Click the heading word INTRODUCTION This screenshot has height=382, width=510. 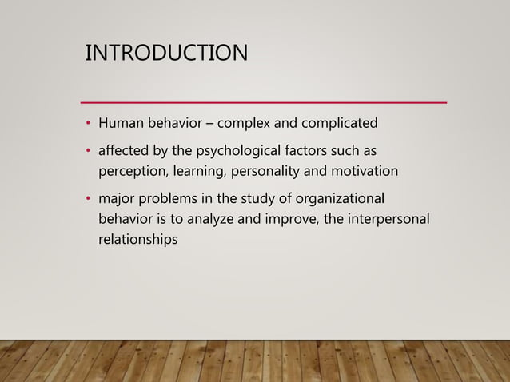(166, 54)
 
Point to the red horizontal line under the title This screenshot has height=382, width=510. (265, 103)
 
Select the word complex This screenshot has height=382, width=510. (255, 125)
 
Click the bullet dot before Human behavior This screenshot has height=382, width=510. (89, 125)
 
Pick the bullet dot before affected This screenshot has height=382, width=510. (89, 152)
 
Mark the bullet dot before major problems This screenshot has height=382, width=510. (89, 198)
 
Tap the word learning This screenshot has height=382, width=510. (200, 171)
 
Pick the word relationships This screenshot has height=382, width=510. (137, 238)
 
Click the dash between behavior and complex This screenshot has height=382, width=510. (209, 125)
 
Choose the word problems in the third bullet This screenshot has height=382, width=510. (167, 197)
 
